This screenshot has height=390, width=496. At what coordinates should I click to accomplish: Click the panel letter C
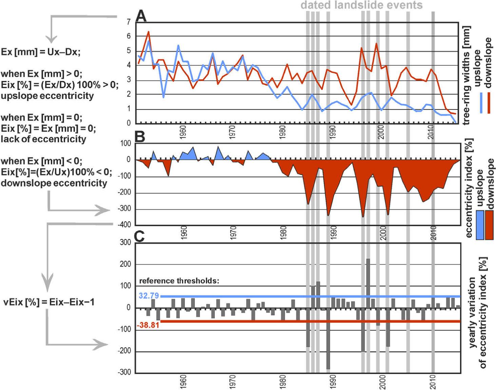[x=140, y=236]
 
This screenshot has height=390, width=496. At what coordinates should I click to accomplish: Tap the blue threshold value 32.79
[x=148, y=296]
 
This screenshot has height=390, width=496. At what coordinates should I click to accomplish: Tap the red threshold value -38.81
[x=148, y=325]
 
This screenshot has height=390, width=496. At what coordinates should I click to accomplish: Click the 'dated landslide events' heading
[x=362, y=5]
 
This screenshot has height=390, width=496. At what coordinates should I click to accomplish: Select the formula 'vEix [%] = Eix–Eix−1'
[x=49, y=302]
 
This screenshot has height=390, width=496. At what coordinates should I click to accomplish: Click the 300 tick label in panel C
[x=125, y=242]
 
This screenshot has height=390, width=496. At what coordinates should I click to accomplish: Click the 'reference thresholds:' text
[x=179, y=281]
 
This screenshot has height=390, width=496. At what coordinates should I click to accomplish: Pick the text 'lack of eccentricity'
[x=43, y=139]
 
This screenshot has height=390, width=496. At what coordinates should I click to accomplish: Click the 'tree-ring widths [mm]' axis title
[x=467, y=75]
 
